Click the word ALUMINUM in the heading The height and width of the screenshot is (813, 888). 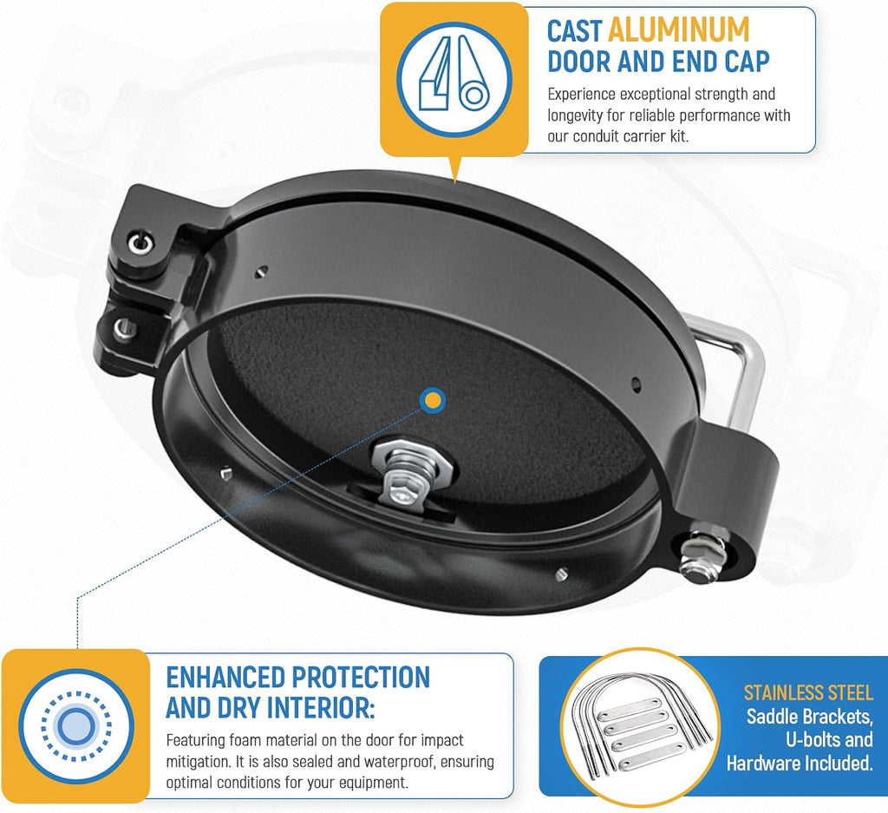point(678,30)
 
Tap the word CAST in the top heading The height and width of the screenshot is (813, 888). point(574,30)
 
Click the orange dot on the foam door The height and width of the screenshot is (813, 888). point(433,401)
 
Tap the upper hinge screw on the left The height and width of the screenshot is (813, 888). point(140,244)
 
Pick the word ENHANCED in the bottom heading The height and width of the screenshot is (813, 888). point(225,678)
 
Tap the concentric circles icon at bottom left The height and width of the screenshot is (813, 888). point(76,725)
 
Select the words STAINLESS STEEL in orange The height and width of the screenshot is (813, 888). point(808,693)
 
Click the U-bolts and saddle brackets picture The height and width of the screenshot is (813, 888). point(641,726)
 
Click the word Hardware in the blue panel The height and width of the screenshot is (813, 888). point(763,764)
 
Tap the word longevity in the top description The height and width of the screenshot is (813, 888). point(574,115)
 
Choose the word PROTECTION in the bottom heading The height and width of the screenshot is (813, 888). point(361,678)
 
